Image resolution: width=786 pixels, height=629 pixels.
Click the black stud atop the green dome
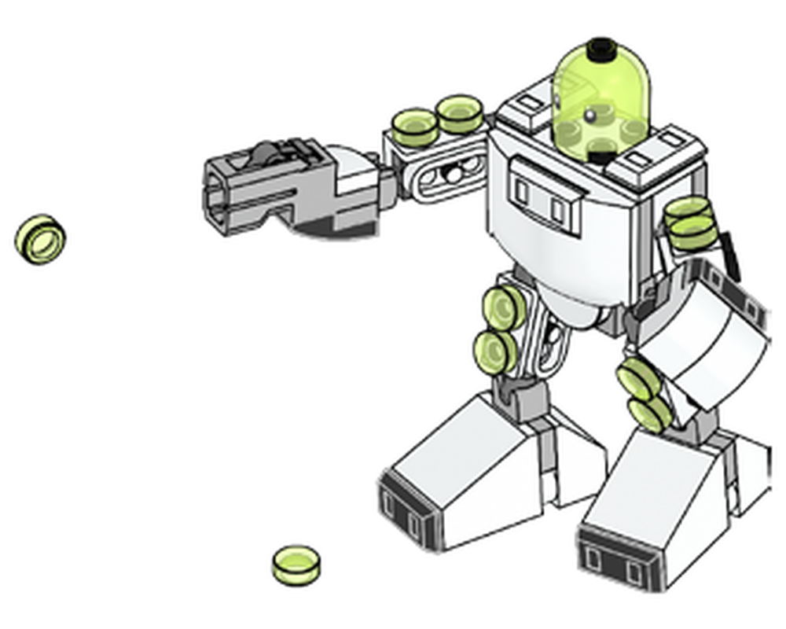coord(601,46)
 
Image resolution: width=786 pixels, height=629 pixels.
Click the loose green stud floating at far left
coord(40,238)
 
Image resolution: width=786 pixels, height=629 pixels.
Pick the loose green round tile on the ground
coord(296,564)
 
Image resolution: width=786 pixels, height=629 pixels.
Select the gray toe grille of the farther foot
coord(406,510)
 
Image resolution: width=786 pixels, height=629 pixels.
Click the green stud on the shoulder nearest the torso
coord(460,113)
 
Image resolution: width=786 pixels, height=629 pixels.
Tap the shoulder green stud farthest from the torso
coord(414,126)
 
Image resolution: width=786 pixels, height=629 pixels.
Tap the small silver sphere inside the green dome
coord(589,116)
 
